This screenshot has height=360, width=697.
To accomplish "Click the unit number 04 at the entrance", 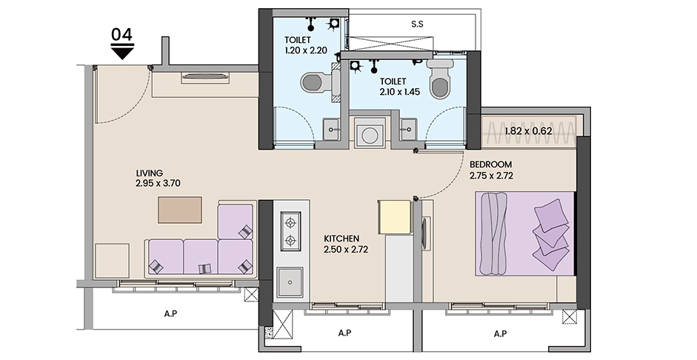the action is (121, 35).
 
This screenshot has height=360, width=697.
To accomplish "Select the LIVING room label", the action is (150, 173).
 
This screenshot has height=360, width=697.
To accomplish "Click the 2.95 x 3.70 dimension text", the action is (159, 183).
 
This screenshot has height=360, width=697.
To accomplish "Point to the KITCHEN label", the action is (341, 239).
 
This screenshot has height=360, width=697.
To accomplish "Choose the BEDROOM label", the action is (491, 164).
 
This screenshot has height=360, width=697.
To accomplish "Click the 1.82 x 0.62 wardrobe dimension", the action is (529, 131).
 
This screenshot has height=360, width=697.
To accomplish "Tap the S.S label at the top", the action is (417, 24).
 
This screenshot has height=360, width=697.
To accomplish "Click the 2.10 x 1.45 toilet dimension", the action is (400, 92).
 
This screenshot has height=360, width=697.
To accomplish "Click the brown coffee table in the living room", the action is (180, 210).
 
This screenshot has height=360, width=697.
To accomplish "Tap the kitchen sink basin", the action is (290, 282).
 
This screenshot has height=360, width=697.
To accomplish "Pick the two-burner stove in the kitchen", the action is (290, 231).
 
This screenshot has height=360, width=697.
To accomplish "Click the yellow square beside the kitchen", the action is (394, 216).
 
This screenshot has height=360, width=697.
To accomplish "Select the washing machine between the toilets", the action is (370, 133).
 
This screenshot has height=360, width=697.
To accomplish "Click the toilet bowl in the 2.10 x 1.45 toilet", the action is (440, 81).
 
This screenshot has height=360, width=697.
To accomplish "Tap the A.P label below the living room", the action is (170, 314).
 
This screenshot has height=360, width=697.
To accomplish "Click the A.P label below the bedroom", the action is (501, 333).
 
